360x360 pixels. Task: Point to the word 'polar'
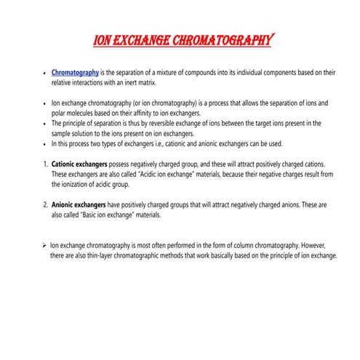click(x=60, y=114)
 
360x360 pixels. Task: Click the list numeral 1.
click(x=45, y=164)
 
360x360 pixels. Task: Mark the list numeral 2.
click(x=45, y=205)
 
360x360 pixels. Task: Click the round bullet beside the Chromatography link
click(x=45, y=74)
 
